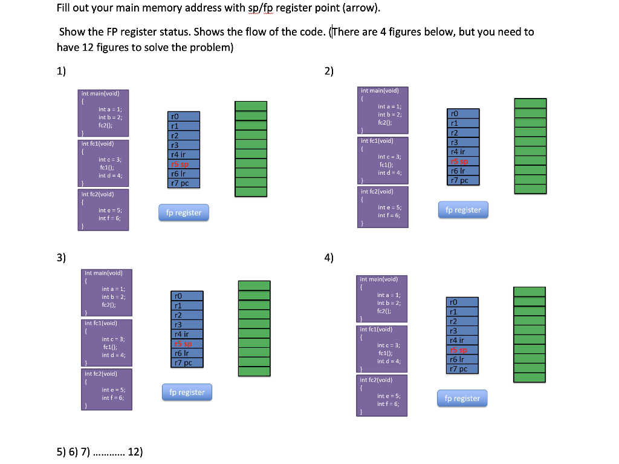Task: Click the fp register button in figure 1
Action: [184, 213]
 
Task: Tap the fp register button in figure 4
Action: [462, 398]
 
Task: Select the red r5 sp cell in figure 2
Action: [464, 161]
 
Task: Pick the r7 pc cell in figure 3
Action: [187, 362]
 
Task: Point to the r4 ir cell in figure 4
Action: [462, 340]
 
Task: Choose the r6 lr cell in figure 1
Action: [184, 174]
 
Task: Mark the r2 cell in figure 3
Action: [187, 315]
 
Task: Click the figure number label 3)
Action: [61, 257]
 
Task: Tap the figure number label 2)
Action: [329, 71]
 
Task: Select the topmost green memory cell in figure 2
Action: [530, 103]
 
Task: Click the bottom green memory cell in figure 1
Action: [250, 192]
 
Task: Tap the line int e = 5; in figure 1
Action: [109, 210]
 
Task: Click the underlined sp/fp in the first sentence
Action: [259, 8]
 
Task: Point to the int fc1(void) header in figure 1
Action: [97, 144]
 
